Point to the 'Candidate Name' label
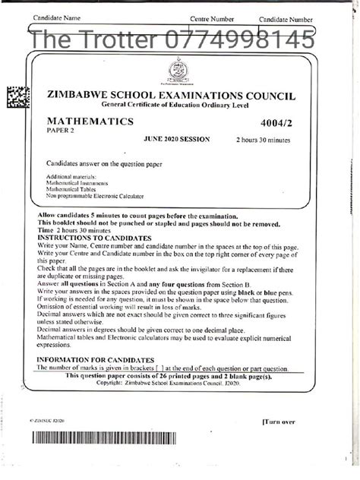click(57, 17)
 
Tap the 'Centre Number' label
click(211, 17)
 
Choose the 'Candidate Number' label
click(286, 18)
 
